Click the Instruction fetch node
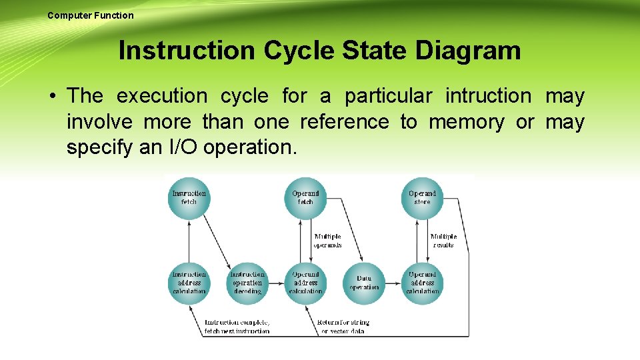[189, 198]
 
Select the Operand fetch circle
[305, 198]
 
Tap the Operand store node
[422, 198]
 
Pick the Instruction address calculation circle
[189, 283]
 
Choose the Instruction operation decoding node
[247, 283]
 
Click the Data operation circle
[364, 283]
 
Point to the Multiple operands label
[327, 241]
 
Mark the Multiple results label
[443, 241]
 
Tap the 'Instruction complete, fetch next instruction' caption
[237, 327]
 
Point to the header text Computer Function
[91, 15]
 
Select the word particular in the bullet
[388, 96]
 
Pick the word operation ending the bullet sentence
[250, 147]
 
